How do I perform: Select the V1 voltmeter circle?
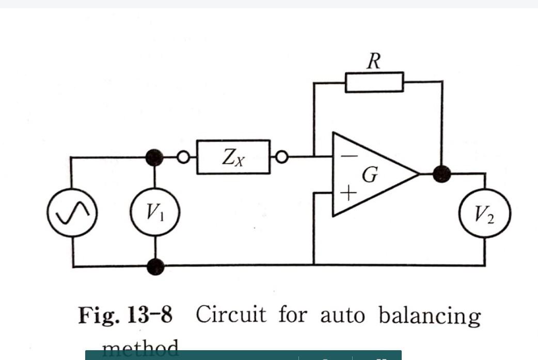pos(154,212)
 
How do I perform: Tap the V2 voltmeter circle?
pos(485,213)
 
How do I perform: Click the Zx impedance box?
pos(233,156)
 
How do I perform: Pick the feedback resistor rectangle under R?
pos(374,82)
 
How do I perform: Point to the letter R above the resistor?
pos(374,61)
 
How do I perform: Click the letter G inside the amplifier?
pos(369,175)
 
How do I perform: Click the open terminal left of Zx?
pos(183,156)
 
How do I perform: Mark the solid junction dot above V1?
pos(154,156)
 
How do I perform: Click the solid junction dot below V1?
pos(155,267)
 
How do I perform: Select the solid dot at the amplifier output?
pos(441,175)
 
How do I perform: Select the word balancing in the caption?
pos(430,315)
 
